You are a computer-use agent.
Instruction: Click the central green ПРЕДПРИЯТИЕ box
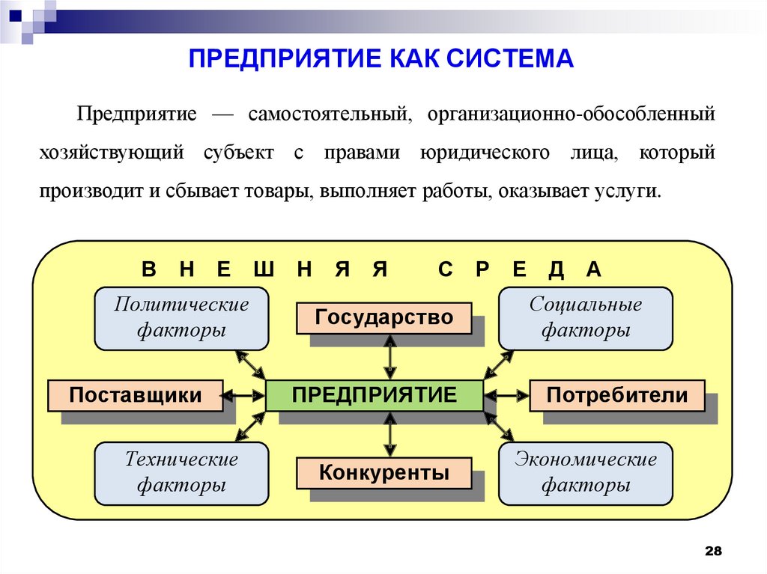point(375,395)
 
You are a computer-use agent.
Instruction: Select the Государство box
point(384,317)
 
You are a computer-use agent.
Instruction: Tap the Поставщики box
point(136,395)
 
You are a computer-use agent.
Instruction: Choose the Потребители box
point(617,395)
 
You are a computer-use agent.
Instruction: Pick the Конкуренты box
point(384,473)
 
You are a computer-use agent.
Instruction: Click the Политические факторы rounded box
point(181,317)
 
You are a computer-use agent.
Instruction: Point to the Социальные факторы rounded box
point(586,317)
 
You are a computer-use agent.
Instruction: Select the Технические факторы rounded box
point(181,473)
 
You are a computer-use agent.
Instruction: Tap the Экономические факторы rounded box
point(586,473)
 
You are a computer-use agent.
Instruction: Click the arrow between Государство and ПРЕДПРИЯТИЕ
point(390,357)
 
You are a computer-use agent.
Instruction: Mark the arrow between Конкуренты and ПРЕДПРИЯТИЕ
point(390,434)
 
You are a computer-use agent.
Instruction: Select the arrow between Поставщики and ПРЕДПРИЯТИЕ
point(245,395)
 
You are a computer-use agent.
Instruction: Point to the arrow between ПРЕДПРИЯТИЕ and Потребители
point(506,395)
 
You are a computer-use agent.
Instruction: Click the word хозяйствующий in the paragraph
point(112,153)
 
